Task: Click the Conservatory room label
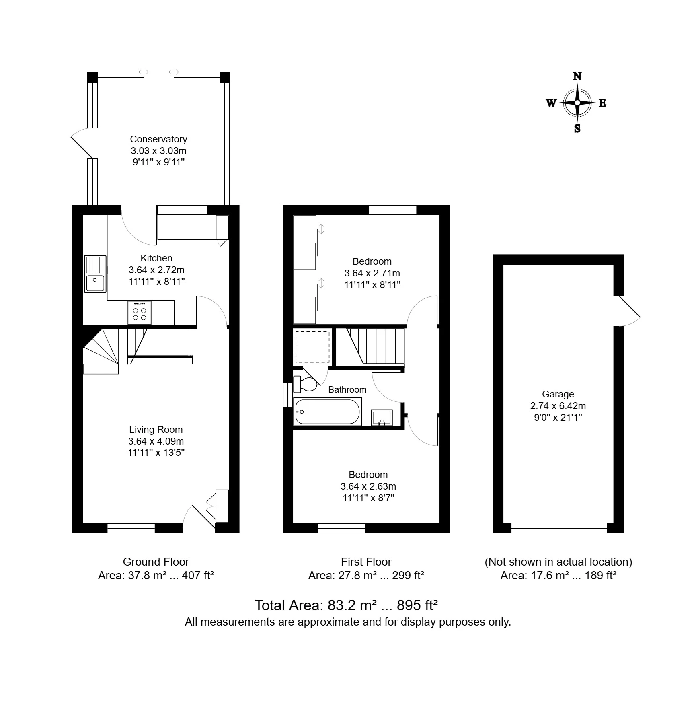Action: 158,139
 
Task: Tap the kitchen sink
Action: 95,274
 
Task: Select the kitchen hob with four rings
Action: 140,313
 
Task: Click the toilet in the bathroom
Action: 305,384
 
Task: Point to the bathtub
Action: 327,412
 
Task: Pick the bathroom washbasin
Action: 382,418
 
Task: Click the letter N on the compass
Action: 577,76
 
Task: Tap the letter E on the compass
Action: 602,103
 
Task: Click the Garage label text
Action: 558,394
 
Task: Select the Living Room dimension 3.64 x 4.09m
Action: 156,441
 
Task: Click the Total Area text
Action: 346,605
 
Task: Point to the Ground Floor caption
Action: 156,562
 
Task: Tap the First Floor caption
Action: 366,562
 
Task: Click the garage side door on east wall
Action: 627,311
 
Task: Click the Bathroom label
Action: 347,389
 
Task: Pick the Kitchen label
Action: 156,258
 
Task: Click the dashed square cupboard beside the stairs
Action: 312,347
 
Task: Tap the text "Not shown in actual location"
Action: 558,562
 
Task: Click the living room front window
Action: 131,528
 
